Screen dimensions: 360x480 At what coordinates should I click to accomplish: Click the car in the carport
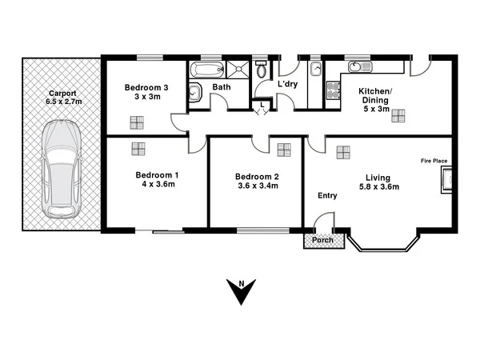tap(62, 169)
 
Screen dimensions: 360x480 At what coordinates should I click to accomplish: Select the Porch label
tap(322, 239)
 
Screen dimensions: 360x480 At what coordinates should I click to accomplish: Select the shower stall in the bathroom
tap(239, 70)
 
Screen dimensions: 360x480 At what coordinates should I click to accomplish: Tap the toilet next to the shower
tap(262, 70)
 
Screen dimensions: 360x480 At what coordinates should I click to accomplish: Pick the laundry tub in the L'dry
tap(315, 70)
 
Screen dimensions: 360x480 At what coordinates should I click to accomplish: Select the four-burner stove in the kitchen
tap(333, 90)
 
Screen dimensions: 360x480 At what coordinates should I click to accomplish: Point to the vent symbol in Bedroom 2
tap(284, 149)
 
